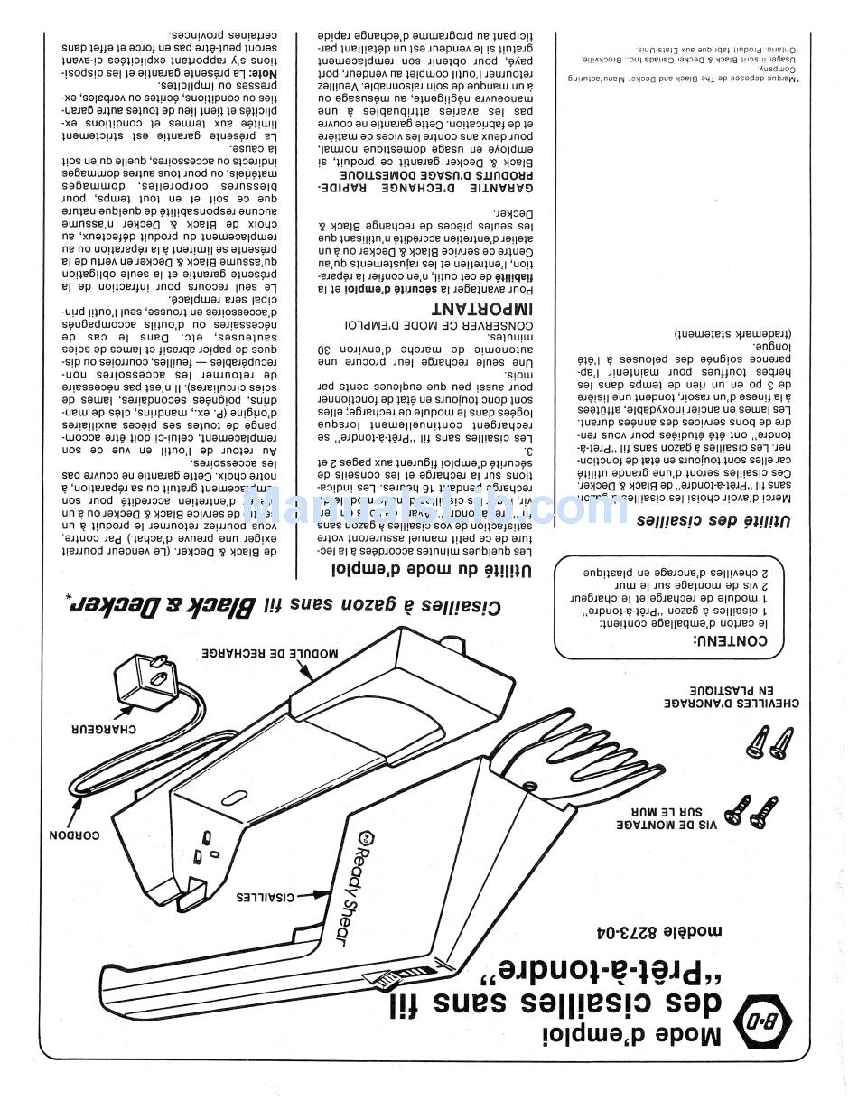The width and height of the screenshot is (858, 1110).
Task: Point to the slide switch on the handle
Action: click(384, 977)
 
